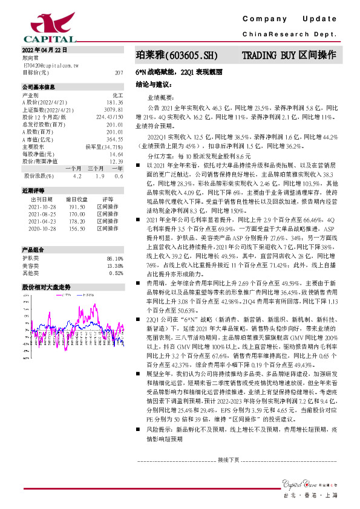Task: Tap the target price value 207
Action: tap(119, 72)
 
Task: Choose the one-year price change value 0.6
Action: tap(119, 176)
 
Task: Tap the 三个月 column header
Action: tap(96, 169)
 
